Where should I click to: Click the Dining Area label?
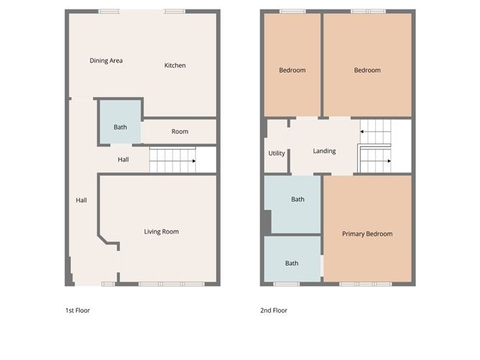(106, 61)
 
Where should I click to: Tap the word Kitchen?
(175, 65)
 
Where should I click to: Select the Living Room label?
(161, 231)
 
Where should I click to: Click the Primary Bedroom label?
(367, 234)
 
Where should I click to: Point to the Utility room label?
(277, 153)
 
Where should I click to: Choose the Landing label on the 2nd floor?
(324, 151)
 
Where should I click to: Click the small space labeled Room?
(180, 131)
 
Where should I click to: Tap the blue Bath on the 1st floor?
(120, 127)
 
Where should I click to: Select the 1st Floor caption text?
(78, 310)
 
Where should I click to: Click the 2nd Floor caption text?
(274, 310)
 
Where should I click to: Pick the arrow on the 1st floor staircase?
(193, 161)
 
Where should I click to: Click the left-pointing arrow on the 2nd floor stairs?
(363, 131)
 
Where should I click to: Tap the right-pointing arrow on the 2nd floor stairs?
(388, 161)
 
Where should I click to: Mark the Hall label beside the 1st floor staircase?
(123, 160)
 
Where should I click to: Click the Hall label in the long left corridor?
(81, 200)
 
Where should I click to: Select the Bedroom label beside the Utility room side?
(292, 70)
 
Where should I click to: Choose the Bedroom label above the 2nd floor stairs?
(367, 70)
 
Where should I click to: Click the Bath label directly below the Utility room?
(297, 199)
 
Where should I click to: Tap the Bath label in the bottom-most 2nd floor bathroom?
(292, 263)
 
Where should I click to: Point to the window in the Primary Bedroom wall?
(365, 284)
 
